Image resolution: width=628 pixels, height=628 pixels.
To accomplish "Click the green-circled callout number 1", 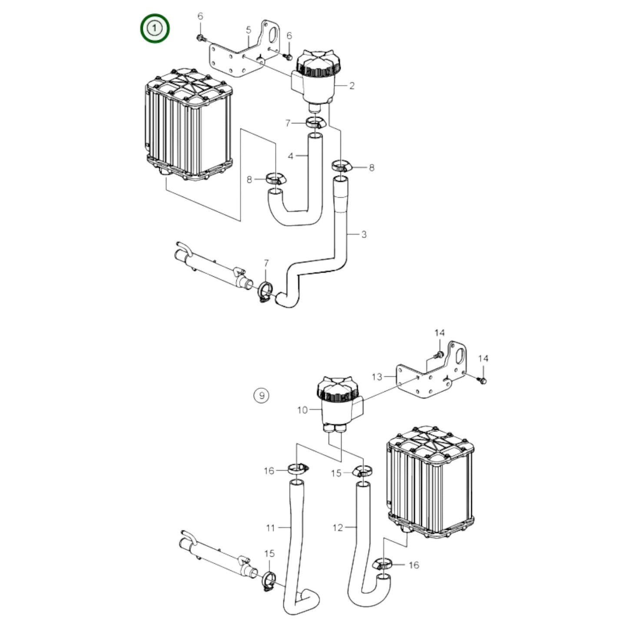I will click(154, 29).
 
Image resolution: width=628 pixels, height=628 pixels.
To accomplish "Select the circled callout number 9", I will click(261, 395).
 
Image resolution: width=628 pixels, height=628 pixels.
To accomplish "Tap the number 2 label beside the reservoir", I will click(352, 86).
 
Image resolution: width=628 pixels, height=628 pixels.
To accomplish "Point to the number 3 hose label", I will click(364, 235).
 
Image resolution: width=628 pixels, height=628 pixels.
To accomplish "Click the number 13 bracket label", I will click(376, 376).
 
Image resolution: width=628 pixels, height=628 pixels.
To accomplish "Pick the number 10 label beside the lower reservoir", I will click(302, 410).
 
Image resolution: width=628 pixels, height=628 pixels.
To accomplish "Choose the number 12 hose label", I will click(338, 528).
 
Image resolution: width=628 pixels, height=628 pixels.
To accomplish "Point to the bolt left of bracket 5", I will click(200, 38).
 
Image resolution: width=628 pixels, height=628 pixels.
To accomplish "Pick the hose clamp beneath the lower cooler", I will click(383, 565).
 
